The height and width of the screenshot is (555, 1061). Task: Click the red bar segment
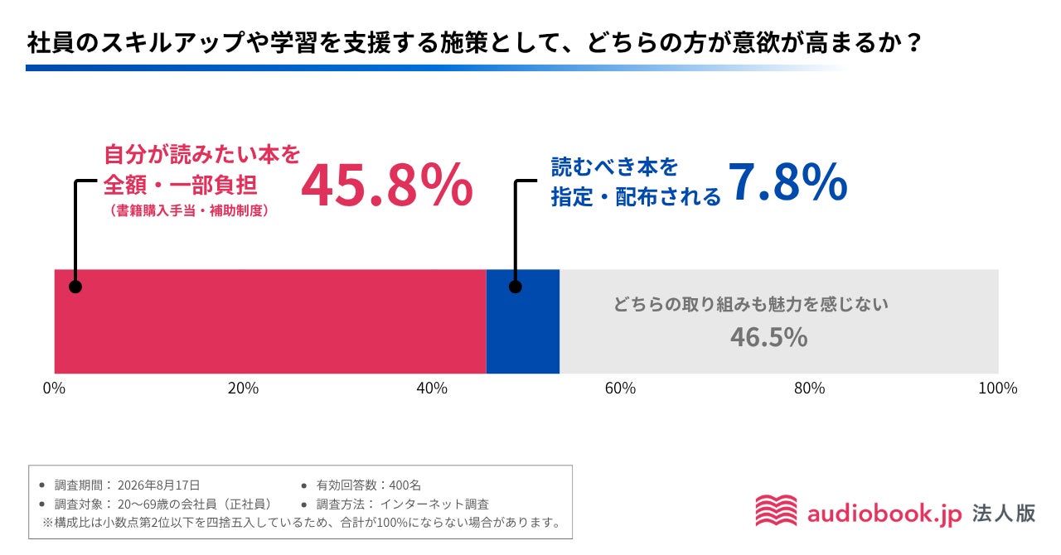point(270,321)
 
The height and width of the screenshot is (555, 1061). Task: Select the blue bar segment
point(523,321)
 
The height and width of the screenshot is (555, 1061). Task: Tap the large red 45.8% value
point(387,185)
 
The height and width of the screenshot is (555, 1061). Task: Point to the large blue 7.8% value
point(787,182)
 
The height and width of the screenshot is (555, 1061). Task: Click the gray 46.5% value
point(768,337)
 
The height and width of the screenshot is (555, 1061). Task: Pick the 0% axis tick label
point(54,388)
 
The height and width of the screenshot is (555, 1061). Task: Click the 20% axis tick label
point(243,388)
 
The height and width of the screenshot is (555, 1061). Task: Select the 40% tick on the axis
point(432,388)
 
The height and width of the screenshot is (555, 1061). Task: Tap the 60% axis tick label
point(621,388)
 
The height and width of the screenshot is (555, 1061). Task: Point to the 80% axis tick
point(810,388)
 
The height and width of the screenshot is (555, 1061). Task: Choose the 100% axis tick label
point(998,388)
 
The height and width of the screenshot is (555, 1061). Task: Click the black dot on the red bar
point(75,287)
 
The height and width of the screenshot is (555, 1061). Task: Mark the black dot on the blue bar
point(516,287)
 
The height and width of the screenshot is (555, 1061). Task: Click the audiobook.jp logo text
point(884,514)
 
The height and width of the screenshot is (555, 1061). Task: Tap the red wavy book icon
point(776,510)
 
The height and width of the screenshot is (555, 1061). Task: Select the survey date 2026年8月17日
point(158,485)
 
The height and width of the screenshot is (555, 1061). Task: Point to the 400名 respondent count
point(405,485)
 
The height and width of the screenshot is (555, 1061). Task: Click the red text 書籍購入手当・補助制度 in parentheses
point(190,210)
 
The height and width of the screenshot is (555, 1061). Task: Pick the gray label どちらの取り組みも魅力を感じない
point(751,304)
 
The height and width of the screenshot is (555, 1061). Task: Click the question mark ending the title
point(914,42)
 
